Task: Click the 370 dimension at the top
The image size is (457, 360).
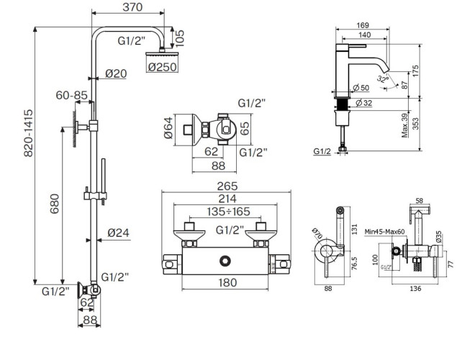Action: (x=132, y=8)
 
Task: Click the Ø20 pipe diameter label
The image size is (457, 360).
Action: (x=116, y=73)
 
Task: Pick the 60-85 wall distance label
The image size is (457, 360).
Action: (x=73, y=94)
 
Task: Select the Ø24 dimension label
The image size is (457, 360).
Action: (x=118, y=233)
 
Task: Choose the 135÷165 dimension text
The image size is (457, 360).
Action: (x=220, y=212)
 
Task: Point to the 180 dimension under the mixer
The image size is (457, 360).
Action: (x=227, y=283)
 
